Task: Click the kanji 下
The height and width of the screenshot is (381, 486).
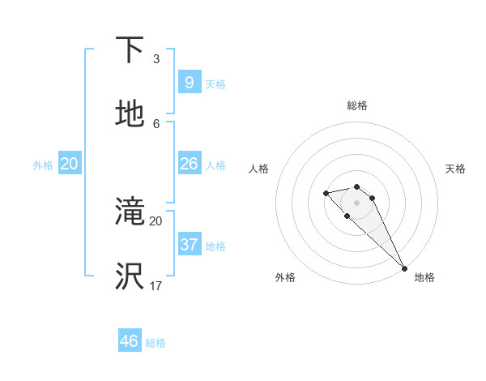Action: (x=130, y=51)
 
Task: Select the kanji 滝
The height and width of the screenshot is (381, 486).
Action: (x=130, y=212)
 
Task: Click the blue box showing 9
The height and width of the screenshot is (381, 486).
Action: (x=189, y=83)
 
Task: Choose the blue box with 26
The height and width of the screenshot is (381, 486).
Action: (x=189, y=164)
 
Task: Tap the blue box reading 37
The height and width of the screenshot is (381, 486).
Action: (x=189, y=245)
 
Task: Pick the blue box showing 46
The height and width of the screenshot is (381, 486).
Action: (x=130, y=341)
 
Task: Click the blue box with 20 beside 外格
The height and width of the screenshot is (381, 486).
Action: (x=69, y=164)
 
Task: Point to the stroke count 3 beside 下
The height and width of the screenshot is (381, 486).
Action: (x=156, y=58)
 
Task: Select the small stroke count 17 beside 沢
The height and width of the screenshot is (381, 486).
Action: (x=156, y=285)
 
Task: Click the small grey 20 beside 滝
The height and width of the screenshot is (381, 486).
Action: (x=156, y=220)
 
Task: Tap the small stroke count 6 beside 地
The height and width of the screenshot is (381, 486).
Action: (x=156, y=123)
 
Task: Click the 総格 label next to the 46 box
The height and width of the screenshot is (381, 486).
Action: (x=156, y=343)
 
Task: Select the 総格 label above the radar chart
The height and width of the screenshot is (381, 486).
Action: (x=357, y=105)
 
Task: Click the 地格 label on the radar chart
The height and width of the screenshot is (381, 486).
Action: (x=424, y=277)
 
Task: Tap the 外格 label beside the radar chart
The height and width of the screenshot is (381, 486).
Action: (x=285, y=277)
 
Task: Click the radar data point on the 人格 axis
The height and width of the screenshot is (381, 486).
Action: (x=326, y=193)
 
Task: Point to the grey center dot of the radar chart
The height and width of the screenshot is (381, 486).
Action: (x=356, y=203)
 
